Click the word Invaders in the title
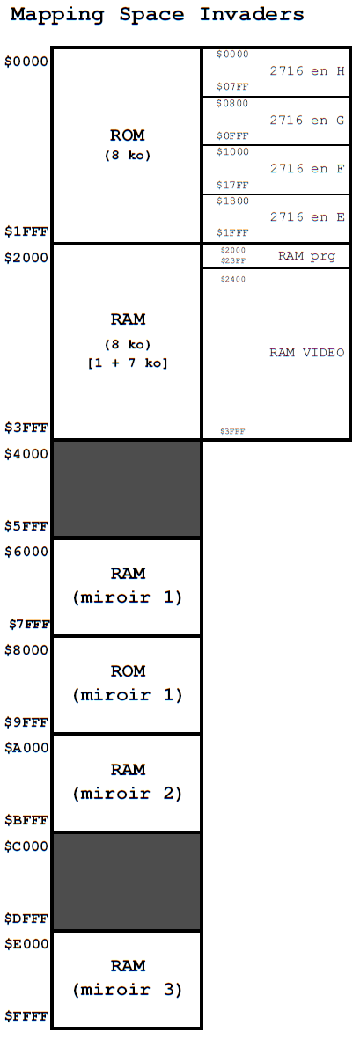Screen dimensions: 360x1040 pos(252,13)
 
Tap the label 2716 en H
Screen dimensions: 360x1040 pos(307,71)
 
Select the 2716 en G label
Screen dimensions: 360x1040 pos(307,120)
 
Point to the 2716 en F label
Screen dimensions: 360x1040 pos(307,168)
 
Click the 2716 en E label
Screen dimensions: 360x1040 pos(307,217)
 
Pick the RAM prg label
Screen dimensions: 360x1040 pos(306,256)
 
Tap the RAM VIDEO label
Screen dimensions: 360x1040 pos(307,352)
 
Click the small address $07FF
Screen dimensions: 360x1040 pos(232,87)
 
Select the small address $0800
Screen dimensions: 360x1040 pos(232,104)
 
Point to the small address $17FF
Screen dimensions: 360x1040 pos(232,185)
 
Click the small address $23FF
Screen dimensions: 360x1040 pos(232,260)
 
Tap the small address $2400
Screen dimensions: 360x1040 pos(232,279)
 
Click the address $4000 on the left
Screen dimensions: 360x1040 pos(26,454)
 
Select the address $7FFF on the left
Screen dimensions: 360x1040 pos(29,624)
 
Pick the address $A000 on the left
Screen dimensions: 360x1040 pos(26,748)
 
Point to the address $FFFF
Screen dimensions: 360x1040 pos(26,1016)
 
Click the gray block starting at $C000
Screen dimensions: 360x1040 pos(127,882)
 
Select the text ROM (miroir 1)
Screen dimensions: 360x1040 pos(128,683)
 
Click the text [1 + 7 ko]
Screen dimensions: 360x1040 pos(128,363)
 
